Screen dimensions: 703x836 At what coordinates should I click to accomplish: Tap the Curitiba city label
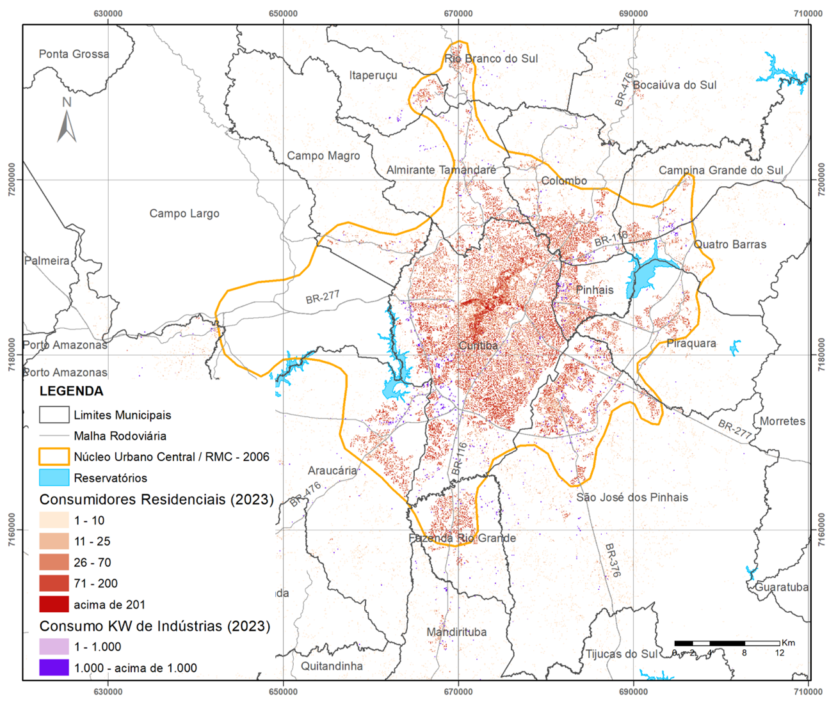tap(478, 345)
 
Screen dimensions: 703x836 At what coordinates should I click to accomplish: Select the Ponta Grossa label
tap(74, 54)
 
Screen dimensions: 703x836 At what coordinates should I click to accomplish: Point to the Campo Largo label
tap(184, 214)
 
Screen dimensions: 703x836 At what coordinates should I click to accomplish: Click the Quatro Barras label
tap(730, 244)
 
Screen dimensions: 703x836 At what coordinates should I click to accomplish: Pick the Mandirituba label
tap(456, 632)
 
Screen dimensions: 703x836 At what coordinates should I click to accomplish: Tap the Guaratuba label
tap(782, 587)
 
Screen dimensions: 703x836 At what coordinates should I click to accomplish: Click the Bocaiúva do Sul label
tap(674, 85)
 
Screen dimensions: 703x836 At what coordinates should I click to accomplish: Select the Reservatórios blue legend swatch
tap(54, 478)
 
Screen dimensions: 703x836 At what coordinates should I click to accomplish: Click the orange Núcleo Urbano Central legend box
tap(54, 457)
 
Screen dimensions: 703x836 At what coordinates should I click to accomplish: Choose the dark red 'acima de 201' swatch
tap(54, 604)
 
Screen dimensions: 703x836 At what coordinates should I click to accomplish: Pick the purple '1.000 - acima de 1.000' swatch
tap(54, 668)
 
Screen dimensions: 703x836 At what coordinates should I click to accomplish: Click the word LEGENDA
tap(71, 391)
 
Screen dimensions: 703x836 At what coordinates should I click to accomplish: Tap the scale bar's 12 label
tap(779, 653)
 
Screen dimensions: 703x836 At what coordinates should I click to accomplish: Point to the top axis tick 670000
tap(458, 13)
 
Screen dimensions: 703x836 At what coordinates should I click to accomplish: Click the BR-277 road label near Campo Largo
tap(322, 297)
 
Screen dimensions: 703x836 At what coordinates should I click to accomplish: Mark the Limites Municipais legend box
tap(54, 415)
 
